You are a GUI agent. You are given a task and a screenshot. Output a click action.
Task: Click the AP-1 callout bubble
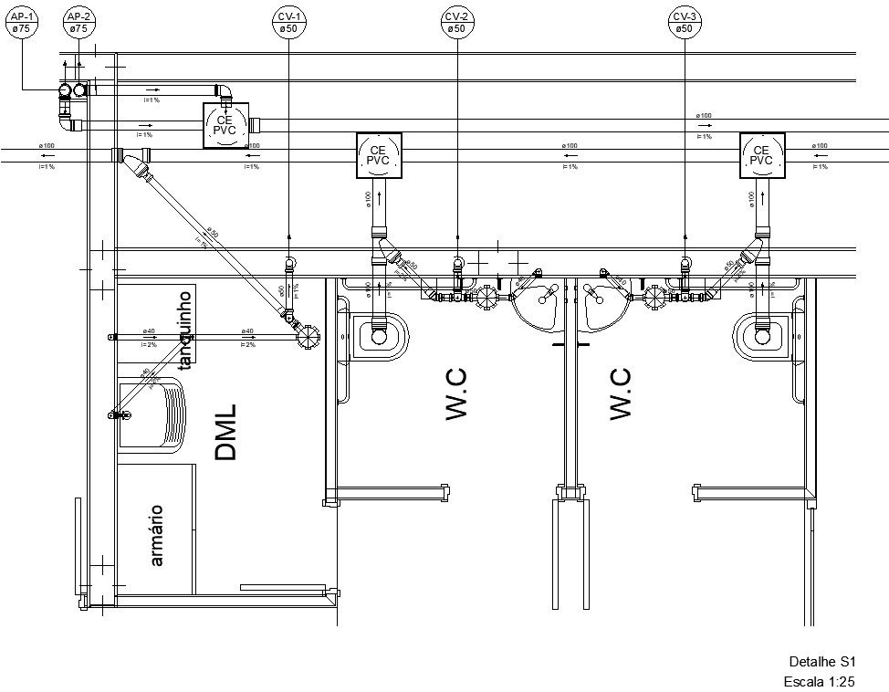point(23,24)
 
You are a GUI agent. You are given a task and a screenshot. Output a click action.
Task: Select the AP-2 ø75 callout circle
point(79,24)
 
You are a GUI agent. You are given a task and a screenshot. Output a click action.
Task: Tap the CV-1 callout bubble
point(288,24)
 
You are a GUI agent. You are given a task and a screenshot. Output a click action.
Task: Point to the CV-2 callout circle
point(456,24)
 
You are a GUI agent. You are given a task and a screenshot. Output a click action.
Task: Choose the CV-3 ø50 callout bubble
point(685,24)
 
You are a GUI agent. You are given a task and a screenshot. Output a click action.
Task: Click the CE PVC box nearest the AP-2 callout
point(225,125)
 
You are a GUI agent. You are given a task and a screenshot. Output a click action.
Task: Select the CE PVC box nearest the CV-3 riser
point(761,154)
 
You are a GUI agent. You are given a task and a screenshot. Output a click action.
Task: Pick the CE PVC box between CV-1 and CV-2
point(378,154)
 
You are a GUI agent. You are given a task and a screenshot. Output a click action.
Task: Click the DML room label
point(225,431)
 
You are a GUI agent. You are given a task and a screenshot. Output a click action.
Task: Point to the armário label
point(156,534)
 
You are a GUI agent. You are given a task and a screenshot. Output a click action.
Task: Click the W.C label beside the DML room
point(456,394)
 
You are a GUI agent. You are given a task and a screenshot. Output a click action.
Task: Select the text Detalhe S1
point(821,662)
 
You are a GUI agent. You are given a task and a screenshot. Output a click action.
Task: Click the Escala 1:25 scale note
point(819,681)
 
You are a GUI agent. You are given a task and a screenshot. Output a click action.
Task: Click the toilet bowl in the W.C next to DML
point(378,335)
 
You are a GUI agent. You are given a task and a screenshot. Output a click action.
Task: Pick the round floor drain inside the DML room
point(309,337)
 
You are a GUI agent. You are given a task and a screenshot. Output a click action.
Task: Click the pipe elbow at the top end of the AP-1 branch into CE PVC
point(224,91)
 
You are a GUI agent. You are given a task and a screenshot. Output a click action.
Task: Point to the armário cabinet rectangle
point(156,528)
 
